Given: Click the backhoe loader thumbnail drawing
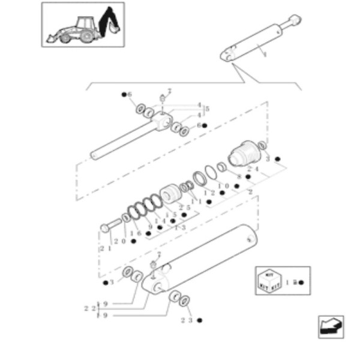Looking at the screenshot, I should pyautogui.click(x=83, y=25).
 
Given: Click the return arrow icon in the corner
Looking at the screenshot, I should pyautogui.click(x=330, y=326).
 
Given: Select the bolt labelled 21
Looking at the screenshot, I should pyautogui.click(x=111, y=226).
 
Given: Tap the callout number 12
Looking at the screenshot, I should pyautogui.click(x=209, y=193).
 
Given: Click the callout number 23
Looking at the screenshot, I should pyautogui.click(x=187, y=320).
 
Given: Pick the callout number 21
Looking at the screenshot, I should pyautogui.click(x=106, y=247).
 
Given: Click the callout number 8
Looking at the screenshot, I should pyautogui.click(x=238, y=177).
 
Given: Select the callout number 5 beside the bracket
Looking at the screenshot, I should pyautogui.click(x=207, y=109).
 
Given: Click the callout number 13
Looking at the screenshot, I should pyautogui.click(x=181, y=227).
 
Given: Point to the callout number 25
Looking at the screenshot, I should pyautogui.click(x=184, y=208).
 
